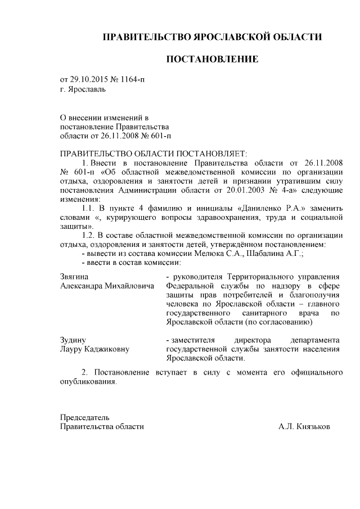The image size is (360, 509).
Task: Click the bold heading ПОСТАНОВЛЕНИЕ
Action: click(x=212, y=59)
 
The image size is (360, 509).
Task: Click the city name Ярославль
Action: click(x=87, y=89)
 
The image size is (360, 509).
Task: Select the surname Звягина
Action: click(x=74, y=277)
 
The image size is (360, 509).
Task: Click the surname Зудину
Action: click(x=73, y=340)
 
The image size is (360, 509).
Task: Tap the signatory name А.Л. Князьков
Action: click(x=304, y=426)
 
